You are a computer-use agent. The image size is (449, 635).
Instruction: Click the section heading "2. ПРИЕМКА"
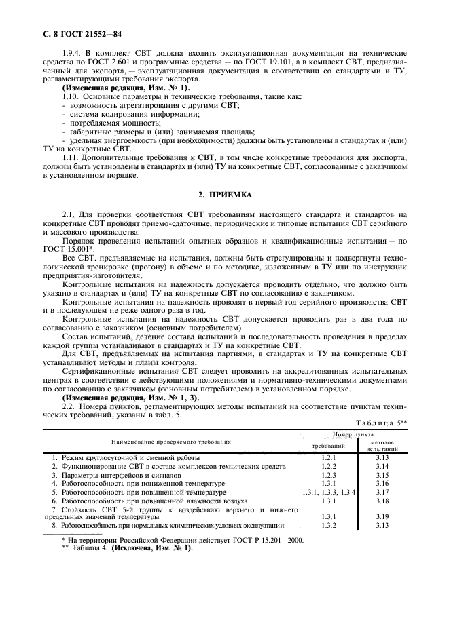click(x=224, y=195)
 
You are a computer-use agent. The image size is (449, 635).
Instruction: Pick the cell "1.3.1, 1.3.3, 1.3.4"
click(x=329, y=492)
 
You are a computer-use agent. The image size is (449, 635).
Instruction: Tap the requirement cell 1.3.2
click(x=329, y=526)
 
